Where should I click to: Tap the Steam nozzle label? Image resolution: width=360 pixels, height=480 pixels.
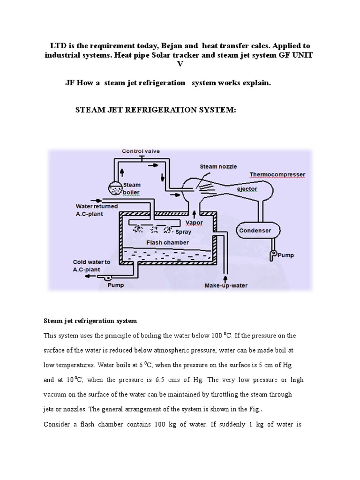coord(218,166)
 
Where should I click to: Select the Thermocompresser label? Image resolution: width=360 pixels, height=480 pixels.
coord(277,174)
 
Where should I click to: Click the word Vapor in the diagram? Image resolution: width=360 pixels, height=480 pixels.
coord(194,222)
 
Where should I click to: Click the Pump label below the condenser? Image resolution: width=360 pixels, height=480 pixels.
coord(286,255)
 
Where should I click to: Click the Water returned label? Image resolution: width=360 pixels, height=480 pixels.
coord(97,206)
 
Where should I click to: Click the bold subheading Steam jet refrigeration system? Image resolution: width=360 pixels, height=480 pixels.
coord(90,321)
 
